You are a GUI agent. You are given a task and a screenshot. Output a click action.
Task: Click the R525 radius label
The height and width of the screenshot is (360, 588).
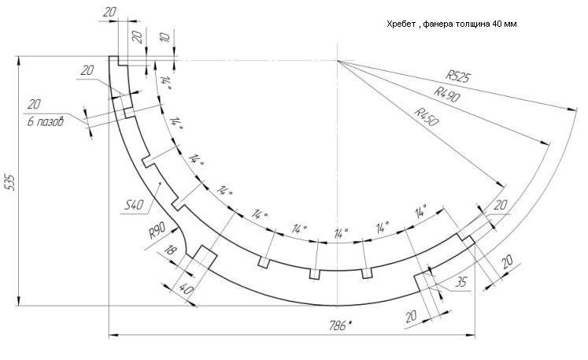457,76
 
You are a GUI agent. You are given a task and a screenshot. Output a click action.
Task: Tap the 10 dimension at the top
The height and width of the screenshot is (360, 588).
163,38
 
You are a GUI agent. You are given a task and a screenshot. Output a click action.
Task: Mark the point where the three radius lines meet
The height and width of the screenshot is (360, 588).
338,61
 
